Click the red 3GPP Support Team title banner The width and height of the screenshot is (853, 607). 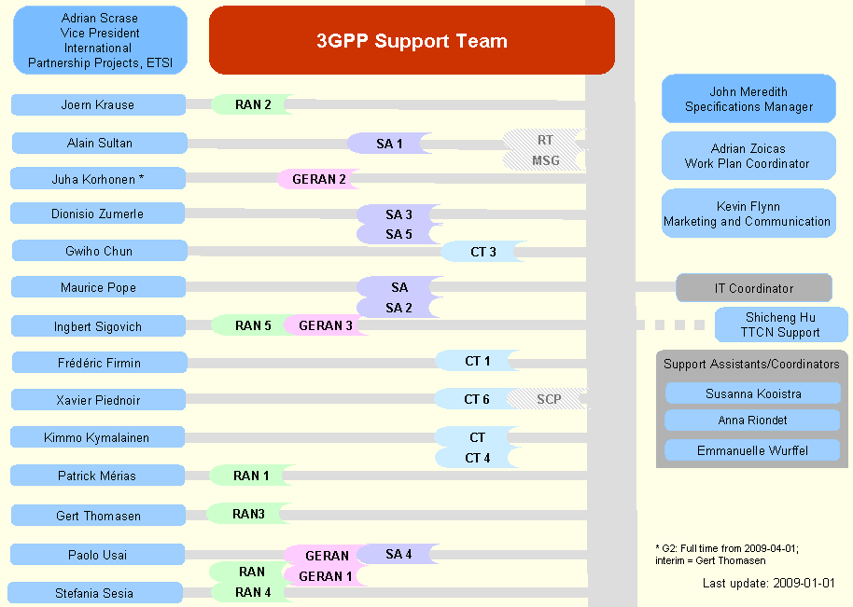pyautogui.click(x=412, y=40)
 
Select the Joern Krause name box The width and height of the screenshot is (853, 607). pyautogui.click(x=98, y=104)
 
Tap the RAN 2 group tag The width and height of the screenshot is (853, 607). pyautogui.click(x=253, y=104)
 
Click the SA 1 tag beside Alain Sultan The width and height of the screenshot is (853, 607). pyautogui.click(x=389, y=144)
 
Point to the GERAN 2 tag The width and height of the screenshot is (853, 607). pyautogui.click(x=319, y=179)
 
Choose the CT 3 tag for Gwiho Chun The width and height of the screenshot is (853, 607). pyautogui.click(x=482, y=252)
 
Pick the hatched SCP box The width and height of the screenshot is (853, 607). pyautogui.click(x=549, y=399)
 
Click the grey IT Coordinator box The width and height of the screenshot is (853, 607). pyautogui.click(x=753, y=288)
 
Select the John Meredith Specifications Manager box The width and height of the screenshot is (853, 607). pyautogui.click(x=748, y=99)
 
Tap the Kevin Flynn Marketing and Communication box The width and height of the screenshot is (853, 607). pyautogui.click(x=748, y=214)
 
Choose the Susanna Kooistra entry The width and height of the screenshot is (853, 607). pyautogui.click(x=752, y=393)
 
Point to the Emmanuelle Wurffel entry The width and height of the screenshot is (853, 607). pyautogui.click(x=752, y=450)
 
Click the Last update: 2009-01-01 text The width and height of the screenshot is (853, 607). pyautogui.click(x=768, y=583)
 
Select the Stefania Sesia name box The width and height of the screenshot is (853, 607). pyautogui.click(x=94, y=593)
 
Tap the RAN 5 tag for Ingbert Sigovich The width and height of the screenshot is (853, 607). pyautogui.click(x=253, y=325)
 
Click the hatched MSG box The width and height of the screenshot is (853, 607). pyautogui.click(x=545, y=160)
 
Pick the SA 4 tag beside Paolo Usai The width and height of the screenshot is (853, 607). pyautogui.click(x=399, y=554)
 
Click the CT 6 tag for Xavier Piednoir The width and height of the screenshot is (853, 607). pyautogui.click(x=476, y=399)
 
